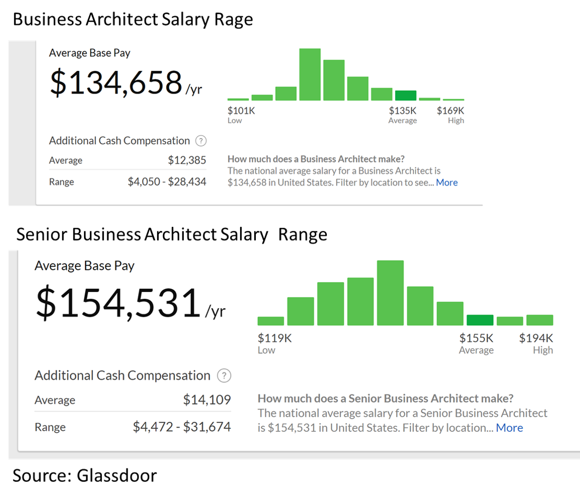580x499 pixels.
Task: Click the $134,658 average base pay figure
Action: (116, 82)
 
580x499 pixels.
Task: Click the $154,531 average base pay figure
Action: (118, 303)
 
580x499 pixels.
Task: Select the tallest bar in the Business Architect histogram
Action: (310, 74)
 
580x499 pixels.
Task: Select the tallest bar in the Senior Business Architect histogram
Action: (390, 293)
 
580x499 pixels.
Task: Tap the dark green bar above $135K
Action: (406, 96)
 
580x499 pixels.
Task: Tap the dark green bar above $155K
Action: (480, 320)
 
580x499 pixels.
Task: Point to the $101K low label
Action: (241, 111)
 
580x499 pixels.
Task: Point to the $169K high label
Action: (451, 111)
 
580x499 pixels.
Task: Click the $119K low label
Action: (275, 338)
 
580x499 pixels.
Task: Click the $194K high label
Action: (536, 338)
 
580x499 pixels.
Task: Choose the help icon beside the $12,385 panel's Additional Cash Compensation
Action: (201, 141)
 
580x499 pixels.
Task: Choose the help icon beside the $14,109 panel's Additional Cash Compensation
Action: (224, 376)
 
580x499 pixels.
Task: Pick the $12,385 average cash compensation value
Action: (187, 160)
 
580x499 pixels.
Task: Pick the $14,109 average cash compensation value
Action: (207, 400)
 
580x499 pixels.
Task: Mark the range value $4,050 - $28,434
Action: (167, 182)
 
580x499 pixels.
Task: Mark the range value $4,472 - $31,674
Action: (182, 427)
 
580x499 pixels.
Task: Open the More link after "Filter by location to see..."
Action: (447, 182)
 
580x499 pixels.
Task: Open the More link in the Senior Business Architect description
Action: (509, 428)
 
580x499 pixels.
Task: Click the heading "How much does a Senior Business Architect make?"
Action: (386, 398)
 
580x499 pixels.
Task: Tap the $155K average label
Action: (477, 338)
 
